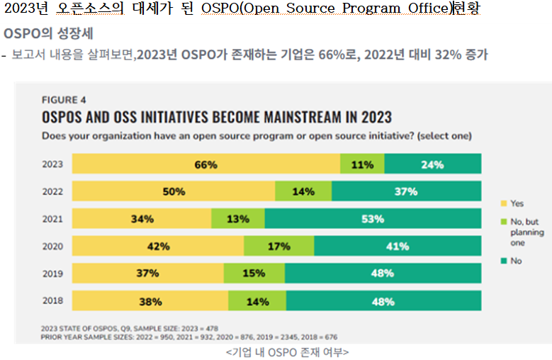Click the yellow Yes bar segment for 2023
click(x=206, y=164)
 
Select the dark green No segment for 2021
click(x=373, y=219)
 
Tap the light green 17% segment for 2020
click(x=279, y=247)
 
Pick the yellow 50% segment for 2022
click(x=174, y=191)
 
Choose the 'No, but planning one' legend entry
click(x=525, y=232)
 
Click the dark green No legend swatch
click(x=503, y=261)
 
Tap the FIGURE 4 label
click(x=65, y=100)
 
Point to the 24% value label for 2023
click(x=432, y=164)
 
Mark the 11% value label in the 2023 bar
click(x=362, y=164)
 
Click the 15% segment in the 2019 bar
click(x=254, y=274)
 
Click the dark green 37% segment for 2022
click(x=406, y=191)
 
